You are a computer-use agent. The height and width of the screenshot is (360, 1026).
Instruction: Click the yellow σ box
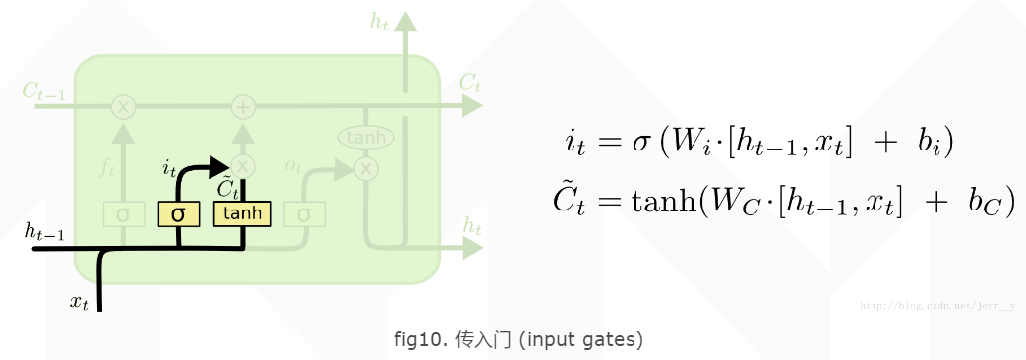point(178,213)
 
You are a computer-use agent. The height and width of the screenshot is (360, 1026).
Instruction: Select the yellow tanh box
point(242,213)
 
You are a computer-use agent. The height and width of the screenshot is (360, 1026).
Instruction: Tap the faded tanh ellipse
point(366,137)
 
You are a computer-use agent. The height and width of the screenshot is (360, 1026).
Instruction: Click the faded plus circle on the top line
point(243,106)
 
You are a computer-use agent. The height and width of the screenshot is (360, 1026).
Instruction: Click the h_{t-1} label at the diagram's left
point(44,232)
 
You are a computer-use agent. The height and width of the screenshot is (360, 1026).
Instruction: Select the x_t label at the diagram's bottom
point(79,302)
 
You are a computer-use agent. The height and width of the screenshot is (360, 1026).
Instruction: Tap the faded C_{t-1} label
point(43,92)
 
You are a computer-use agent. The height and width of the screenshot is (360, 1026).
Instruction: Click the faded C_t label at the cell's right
point(470,83)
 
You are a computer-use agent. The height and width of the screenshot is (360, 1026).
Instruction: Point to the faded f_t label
point(107,167)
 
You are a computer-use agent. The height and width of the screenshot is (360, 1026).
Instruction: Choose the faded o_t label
point(293,165)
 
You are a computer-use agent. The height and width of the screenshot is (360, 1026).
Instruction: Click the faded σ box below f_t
point(123,213)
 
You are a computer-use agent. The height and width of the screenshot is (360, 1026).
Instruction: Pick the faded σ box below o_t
point(304,213)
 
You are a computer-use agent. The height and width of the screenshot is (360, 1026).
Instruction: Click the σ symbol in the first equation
point(640,142)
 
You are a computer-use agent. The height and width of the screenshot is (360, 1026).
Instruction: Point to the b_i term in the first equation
point(929,142)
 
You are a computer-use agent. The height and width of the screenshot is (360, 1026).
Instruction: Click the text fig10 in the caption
point(420,340)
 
